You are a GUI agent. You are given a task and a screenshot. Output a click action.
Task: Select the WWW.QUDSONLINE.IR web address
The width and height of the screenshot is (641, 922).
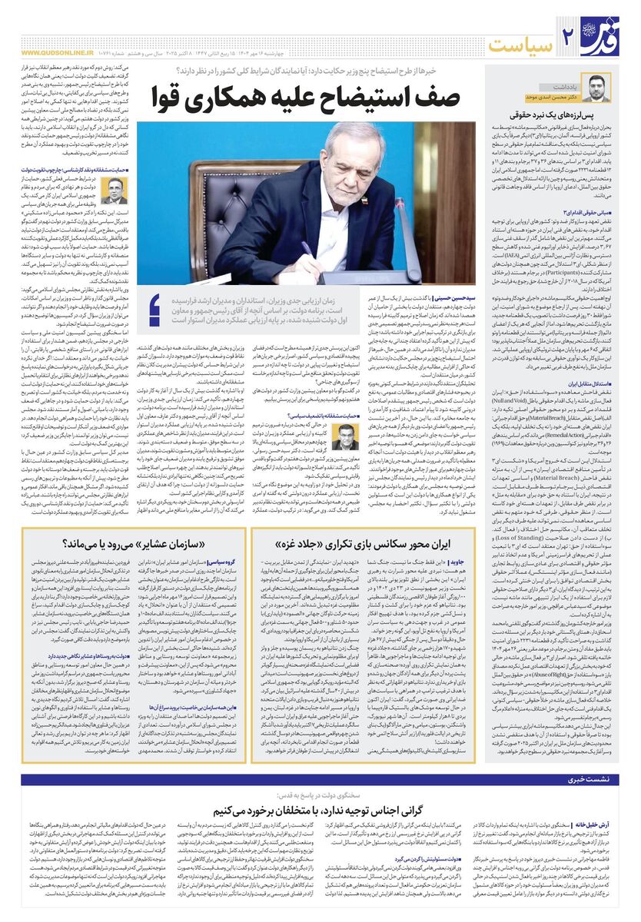[x=55, y=53]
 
